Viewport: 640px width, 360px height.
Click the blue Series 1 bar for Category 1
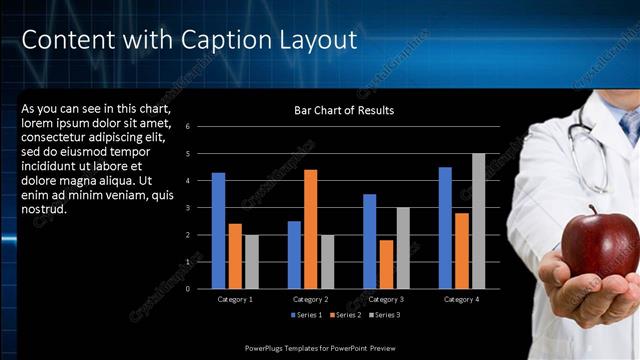pyautogui.click(x=218, y=231)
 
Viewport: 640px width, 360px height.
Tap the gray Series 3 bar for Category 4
pyautogui.click(x=478, y=221)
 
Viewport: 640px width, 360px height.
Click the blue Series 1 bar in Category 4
pyautogui.click(x=444, y=228)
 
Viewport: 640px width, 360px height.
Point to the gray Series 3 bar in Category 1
pyautogui.click(x=251, y=262)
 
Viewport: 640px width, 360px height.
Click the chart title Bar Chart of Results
pyautogui.click(x=344, y=110)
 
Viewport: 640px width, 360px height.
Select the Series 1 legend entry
pyautogui.click(x=307, y=315)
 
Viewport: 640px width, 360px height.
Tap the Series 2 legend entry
pyautogui.click(x=345, y=315)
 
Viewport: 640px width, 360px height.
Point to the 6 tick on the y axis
pyautogui.click(x=201, y=127)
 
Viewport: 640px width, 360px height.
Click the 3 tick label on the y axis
pyautogui.click(x=201, y=208)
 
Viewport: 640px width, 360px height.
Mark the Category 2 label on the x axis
pyautogui.click(x=310, y=299)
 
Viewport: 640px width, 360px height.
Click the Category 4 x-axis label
pyautogui.click(x=461, y=299)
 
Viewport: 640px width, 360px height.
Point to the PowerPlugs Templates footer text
pyautogui.click(x=321, y=347)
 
